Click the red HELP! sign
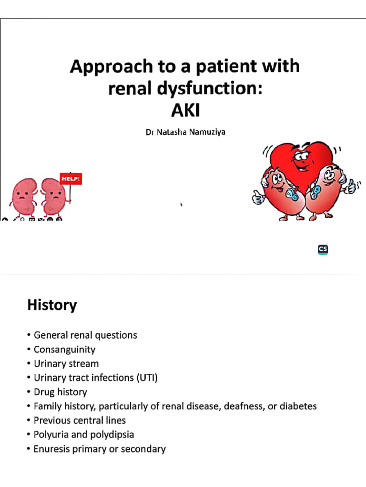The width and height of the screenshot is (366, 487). point(71,179)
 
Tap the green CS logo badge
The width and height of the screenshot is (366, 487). point(323,250)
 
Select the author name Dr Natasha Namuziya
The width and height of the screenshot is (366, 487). point(185,132)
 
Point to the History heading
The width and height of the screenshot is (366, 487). point(52,305)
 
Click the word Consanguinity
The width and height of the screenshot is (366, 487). point(64,350)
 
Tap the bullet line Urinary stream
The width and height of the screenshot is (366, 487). point(66,364)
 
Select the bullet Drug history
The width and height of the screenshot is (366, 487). point(60,392)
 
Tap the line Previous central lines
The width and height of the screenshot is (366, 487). point(80,421)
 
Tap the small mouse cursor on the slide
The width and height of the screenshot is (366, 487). point(181,205)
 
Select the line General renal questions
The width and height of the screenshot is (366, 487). point(85,335)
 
